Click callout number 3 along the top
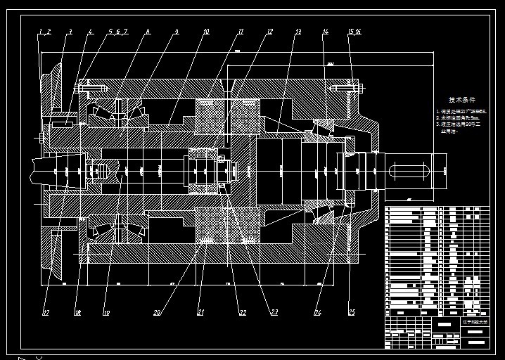click(x=70, y=32)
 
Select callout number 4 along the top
click(x=91, y=32)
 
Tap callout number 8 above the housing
click(x=148, y=32)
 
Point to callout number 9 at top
click(x=177, y=32)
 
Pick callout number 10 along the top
click(x=206, y=32)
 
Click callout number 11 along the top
click(x=240, y=32)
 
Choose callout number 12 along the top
click(x=269, y=32)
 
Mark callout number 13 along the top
click(x=298, y=32)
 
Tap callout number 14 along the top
click(x=326, y=32)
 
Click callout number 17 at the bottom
click(x=46, y=313)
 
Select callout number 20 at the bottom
click(x=157, y=313)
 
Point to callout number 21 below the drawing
click(x=200, y=313)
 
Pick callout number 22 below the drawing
click(x=243, y=313)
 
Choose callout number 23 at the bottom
click(x=274, y=313)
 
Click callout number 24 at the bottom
click(x=318, y=313)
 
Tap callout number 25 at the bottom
click(x=352, y=313)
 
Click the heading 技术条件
click(x=462, y=100)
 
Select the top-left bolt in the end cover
click(x=89, y=88)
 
